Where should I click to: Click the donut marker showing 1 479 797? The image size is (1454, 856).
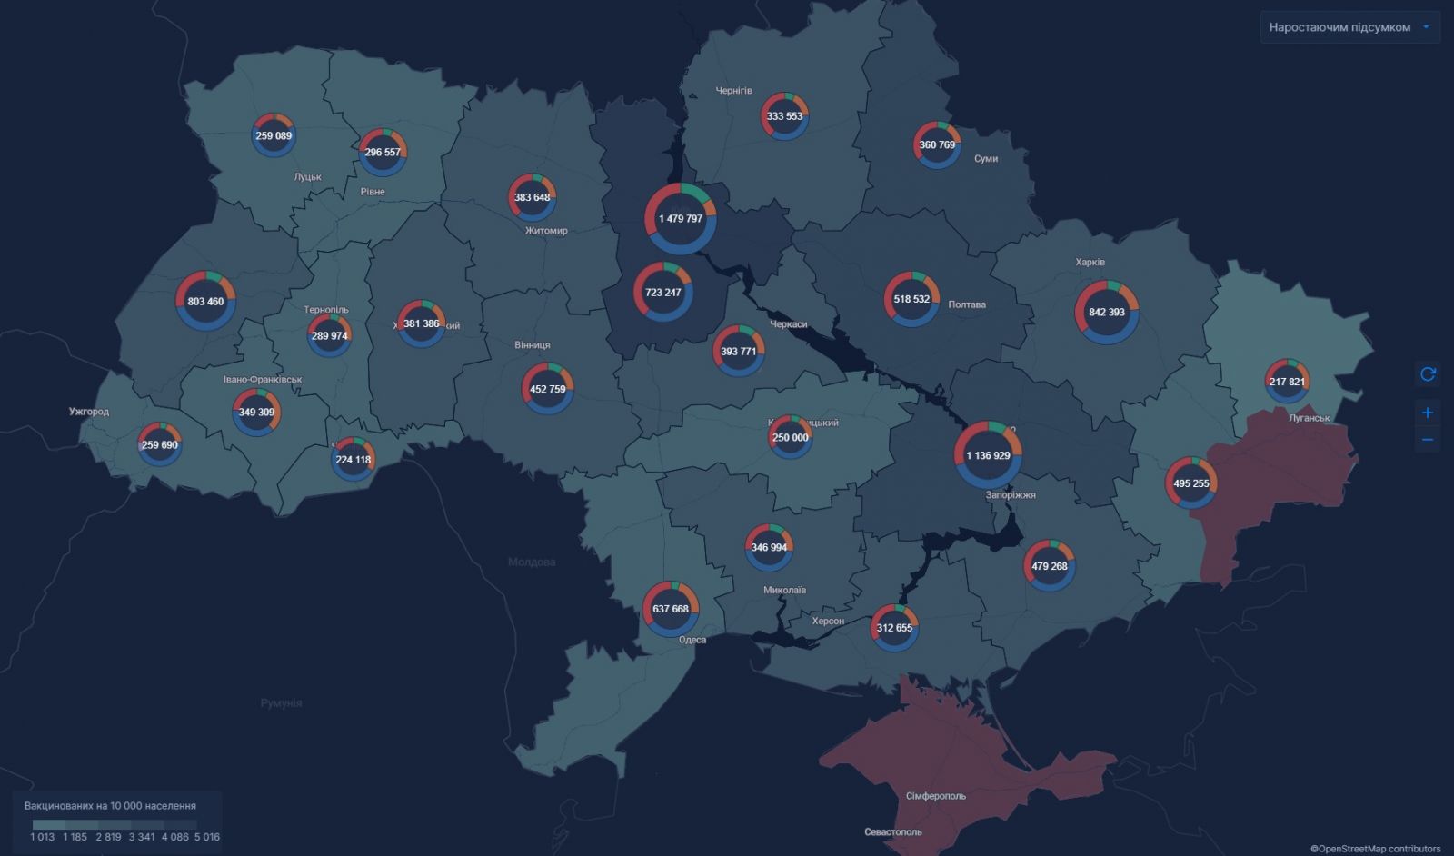click(681, 219)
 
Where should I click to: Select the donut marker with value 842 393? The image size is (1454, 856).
click(1106, 312)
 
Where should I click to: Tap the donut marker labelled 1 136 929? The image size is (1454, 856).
click(988, 455)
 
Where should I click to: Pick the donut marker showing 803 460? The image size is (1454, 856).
click(205, 301)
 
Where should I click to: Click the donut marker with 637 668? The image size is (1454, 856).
click(671, 609)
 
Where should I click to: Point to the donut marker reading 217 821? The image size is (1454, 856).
click(1287, 381)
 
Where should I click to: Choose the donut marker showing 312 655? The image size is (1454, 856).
click(894, 628)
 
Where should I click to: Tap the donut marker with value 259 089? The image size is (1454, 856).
click(274, 135)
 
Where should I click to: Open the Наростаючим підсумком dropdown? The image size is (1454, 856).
click(1349, 27)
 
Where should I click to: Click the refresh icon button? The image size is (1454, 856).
click(1428, 373)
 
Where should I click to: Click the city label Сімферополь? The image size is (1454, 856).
click(935, 796)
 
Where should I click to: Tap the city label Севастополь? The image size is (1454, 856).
click(892, 831)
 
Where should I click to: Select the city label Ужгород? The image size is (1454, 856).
click(89, 412)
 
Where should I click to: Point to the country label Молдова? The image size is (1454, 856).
click(532, 562)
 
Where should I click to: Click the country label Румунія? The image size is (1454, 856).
click(281, 702)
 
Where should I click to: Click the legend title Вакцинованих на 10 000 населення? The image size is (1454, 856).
click(110, 805)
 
